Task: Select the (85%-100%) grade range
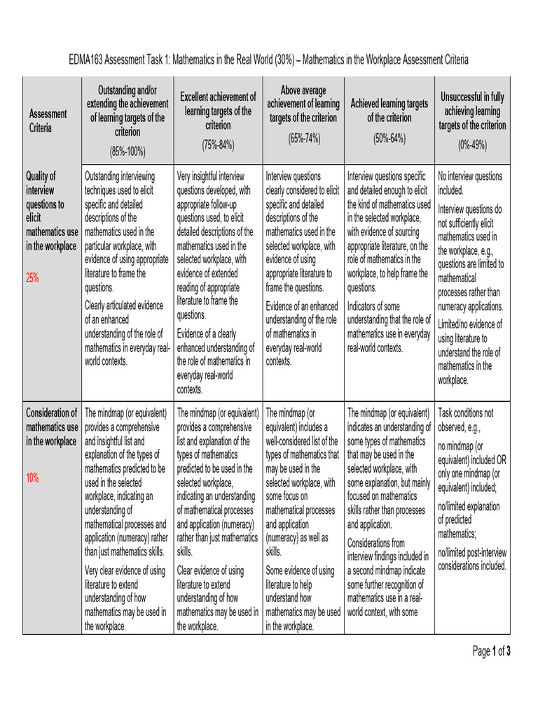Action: click(x=127, y=151)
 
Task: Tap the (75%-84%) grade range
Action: click(x=218, y=145)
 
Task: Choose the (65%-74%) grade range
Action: click(x=303, y=138)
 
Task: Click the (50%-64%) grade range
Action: click(x=389, y=138)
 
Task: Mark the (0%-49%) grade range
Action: click(x=472, y=145)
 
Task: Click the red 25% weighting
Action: click(x=32, y=278)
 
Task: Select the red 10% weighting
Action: click(x=32, y=478)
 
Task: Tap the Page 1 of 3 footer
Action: click(x=492, y=652)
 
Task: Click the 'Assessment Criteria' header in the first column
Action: click(x=48, y=121)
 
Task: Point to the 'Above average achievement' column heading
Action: click(x=303, y=104)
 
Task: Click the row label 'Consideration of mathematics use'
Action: click(x=51, y=426)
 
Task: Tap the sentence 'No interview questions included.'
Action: click(x=470, y=183)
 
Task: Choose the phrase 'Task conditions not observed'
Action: click(x=466, y=419)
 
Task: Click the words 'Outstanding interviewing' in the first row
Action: click(x=120, y=176)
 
